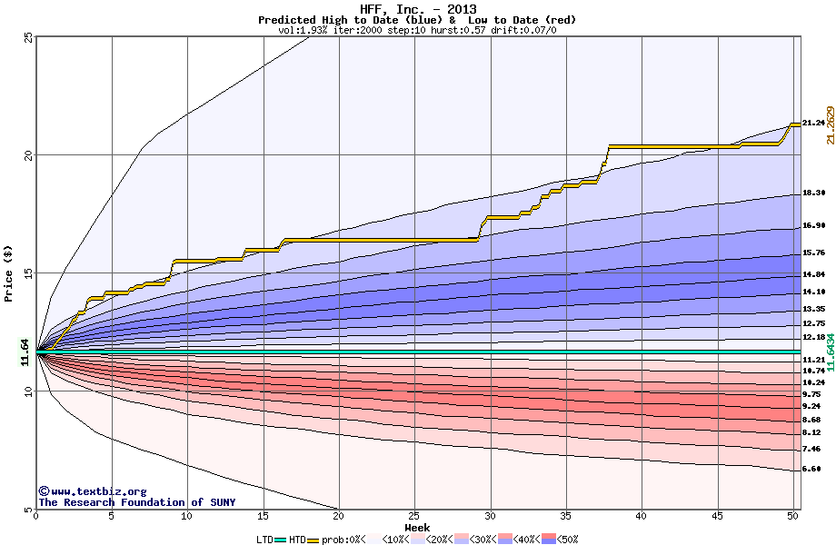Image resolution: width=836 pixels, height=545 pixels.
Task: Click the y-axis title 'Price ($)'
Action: [9, 273]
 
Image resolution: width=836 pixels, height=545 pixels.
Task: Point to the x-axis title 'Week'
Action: [417, 528]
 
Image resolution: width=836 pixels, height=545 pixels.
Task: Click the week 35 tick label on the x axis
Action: [566, 517]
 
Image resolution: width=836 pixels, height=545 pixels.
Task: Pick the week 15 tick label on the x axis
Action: [263, 517]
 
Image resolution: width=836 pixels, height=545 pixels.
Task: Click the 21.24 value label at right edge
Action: [813, 123]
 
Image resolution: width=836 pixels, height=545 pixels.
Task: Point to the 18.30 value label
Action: [813, 193]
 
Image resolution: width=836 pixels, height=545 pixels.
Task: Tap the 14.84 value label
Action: [813, 274]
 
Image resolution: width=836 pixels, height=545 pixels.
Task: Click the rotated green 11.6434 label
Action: [831, 350]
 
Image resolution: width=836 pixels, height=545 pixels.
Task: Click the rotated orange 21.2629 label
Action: [831, 124]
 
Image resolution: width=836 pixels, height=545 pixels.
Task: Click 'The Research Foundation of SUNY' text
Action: [136, 502]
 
